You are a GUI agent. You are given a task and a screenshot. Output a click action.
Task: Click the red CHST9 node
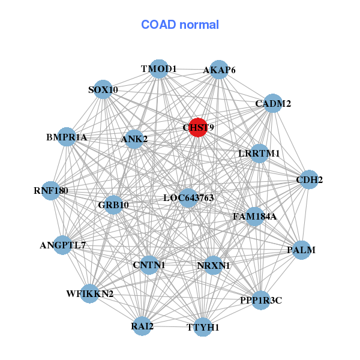pos(198,127)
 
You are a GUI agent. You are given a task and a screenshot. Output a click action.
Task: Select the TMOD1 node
pos(158,69)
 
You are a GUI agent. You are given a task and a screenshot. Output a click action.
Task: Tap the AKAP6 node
pos(219,70)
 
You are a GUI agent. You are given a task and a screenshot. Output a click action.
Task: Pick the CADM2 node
pos(273,103)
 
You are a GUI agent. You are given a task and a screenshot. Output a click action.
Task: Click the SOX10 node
pos(104,89)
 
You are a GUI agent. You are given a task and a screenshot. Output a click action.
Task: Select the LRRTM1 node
pos(259,154)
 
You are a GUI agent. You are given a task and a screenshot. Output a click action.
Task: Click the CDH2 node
pos(308,179)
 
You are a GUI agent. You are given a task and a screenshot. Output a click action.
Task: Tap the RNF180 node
pos(51,191)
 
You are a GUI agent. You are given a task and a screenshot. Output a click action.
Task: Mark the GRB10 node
pos(113,205)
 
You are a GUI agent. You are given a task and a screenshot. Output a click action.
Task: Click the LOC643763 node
pos(188,197)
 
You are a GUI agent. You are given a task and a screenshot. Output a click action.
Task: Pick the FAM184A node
pos(254,216)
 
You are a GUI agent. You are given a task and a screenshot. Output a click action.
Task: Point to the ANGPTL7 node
pos(62,245)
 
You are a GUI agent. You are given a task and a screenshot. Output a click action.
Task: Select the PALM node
pos(301,250)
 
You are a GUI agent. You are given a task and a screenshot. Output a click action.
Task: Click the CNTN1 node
pos(149,265)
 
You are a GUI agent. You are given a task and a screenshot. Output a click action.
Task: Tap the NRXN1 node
pos(214,265)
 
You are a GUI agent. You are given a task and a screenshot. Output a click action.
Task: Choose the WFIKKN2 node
pos(89,293)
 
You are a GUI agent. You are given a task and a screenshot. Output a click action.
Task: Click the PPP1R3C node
pos(260,299)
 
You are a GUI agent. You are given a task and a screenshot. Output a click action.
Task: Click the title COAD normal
pos(180,25)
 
